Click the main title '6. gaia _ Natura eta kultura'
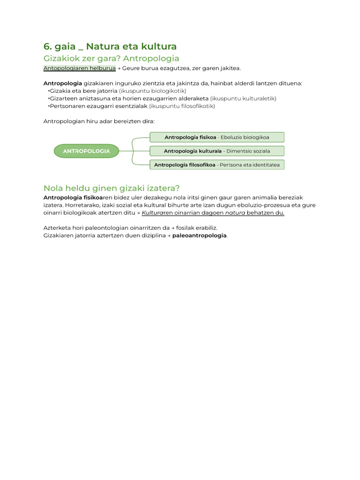click(x=110, y=46)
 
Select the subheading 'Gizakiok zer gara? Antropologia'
click(x=111, y=59)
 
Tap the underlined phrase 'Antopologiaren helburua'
click(x=79, y=68)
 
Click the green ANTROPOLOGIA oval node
click(x=86, y=151)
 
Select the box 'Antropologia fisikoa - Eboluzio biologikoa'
click(x=217, y=137)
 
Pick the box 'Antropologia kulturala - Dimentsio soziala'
click(x=217, y=151)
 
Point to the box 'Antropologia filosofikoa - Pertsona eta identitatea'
click(x=217, y=165)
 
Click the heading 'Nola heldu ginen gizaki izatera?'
click(x=111, y=188)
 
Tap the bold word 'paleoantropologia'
click(x=199, y=235)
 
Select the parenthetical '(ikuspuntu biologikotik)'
click(x=152, y=90)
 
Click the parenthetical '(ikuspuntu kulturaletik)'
click(x=243, y=98)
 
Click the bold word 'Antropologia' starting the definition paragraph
click(x=63, y=83)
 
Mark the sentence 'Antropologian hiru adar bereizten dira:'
click(x=98, y=121)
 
